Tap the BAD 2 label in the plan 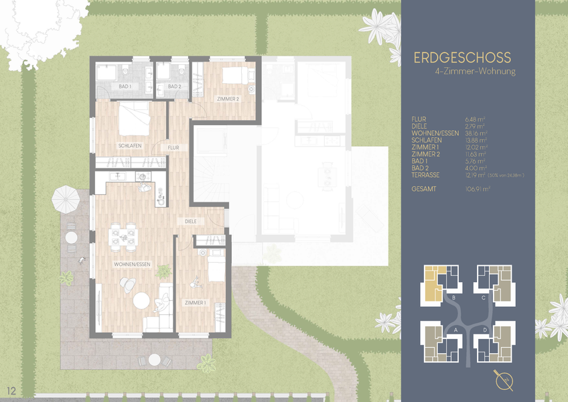(x=174, y=87)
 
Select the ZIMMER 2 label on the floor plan (x=228, y=99)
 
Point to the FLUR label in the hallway (x=173, y=147)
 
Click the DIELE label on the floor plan (x=194, y=220)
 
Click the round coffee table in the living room (x=141, y=301)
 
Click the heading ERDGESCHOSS (x=462, y=58)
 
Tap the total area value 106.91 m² (x=478, y=190)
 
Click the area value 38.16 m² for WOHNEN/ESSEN (x=476, y=133)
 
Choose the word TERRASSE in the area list (x=427, y=175)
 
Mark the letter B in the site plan (x=454, y=297)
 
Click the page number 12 (x=11, y=390)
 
